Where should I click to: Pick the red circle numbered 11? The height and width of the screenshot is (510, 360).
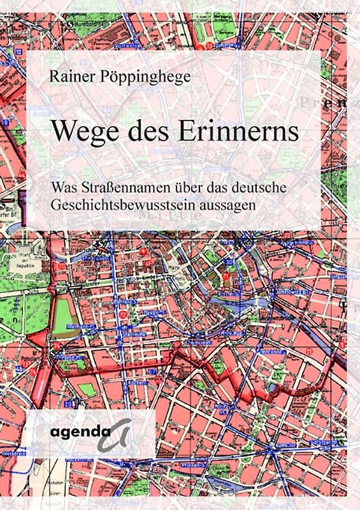point(308,350)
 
